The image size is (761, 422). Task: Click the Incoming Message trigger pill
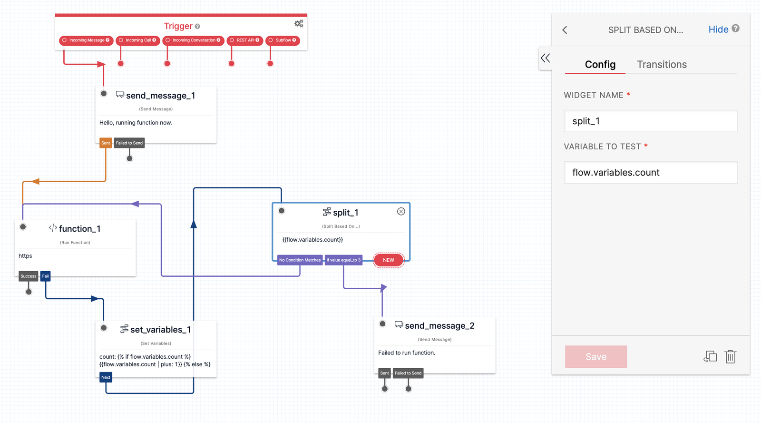click(86, 40)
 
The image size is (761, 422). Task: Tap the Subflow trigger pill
click(283, 40)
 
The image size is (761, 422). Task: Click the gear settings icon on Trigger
click(299, 23)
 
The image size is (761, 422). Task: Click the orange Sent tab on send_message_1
click(106, 143)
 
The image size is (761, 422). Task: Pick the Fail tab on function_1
click(45, 276)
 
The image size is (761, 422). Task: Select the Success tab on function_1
click(28, 276)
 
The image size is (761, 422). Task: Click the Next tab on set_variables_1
click(106, 377)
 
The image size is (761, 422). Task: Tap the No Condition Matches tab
click(300, 260)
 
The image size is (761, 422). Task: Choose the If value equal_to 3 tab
click(343, 260)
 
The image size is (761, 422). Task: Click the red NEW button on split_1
click(389, 260)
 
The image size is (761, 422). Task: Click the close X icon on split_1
click(401, 211)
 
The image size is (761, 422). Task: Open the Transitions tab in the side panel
click(662, 65)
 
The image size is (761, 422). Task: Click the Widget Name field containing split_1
click(650, 121)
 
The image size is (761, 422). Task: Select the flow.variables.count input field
click(650, 173)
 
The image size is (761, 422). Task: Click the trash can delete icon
click(730, 356)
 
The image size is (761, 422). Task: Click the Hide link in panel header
click(718, 29)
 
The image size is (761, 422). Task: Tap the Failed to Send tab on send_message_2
click(408, 373)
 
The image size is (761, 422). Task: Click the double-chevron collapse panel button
click(546, 58)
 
